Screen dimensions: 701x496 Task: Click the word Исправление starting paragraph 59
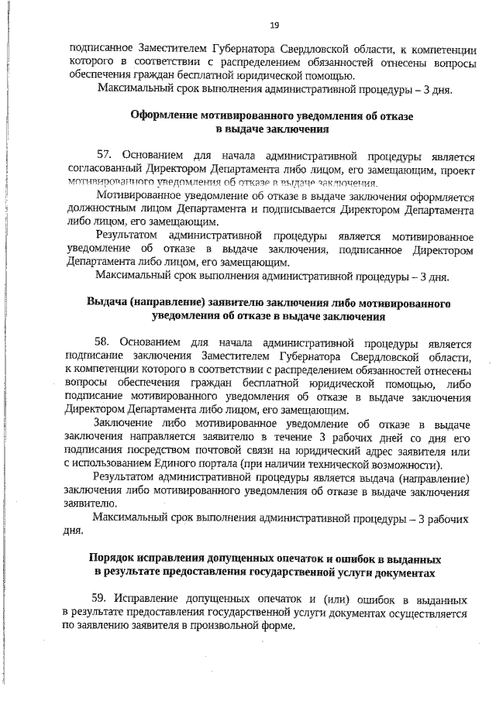144,600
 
